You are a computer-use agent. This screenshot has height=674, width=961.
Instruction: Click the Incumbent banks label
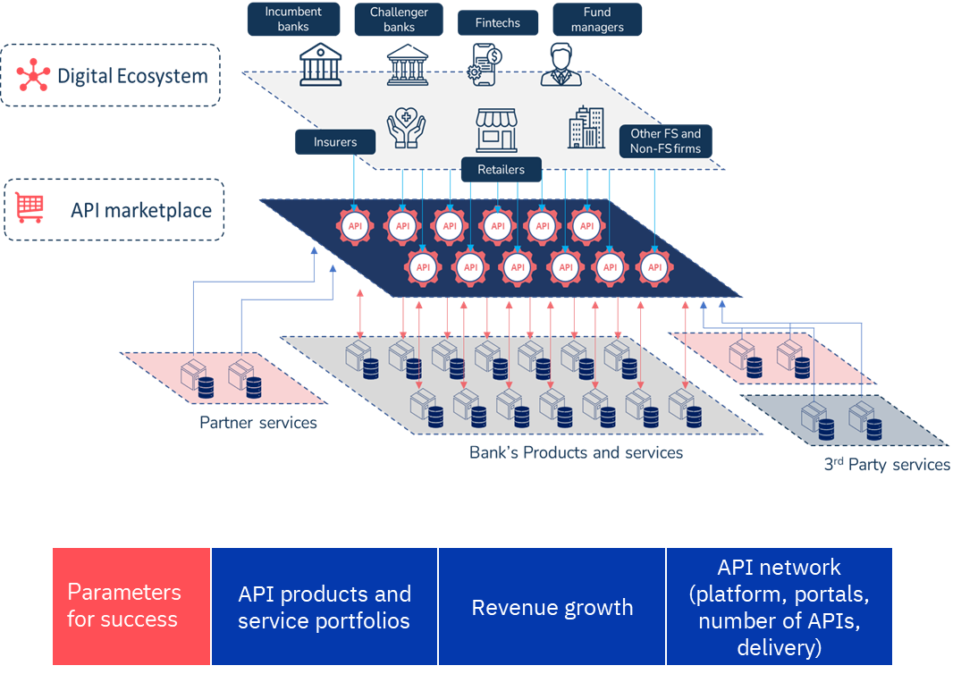tap(292, 19)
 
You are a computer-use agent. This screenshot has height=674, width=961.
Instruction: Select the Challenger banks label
tap(399, 19)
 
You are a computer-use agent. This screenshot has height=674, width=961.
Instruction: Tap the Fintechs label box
tap(498, 23)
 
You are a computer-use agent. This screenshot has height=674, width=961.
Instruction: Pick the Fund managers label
tap(597, 19)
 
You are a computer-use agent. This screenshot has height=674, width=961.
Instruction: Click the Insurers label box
tap(335, 142)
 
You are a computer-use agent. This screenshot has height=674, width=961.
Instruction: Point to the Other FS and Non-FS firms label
tap(665, 141)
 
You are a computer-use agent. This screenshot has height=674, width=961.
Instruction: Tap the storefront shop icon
tap(498, 131)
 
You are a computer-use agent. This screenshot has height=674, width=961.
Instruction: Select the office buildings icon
tap(586, 127)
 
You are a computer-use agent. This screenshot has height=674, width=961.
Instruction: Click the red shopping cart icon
tap(30, 208)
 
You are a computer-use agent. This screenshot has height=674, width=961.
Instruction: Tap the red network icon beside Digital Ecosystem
tap(33, 76)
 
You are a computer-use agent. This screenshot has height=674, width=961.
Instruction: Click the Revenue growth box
tap(552, 608)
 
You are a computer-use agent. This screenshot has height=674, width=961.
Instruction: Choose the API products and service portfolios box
tap(324, 607)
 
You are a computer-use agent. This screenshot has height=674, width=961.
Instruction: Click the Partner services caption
tap(258, 423)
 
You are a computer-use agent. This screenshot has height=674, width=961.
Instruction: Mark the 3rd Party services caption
tap(886, 464)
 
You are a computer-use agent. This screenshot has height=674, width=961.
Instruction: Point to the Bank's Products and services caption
tap(576, 452)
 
